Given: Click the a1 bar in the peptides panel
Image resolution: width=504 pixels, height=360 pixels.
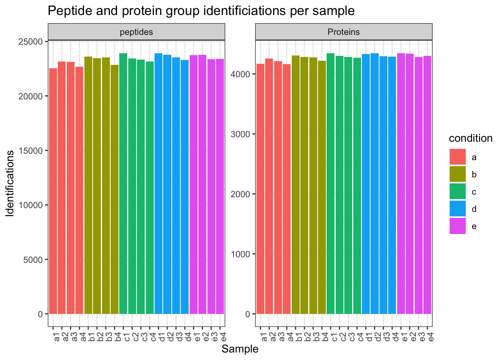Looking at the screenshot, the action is click(53, 191).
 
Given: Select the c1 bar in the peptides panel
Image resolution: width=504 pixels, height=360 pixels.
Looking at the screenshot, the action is click(123, 184).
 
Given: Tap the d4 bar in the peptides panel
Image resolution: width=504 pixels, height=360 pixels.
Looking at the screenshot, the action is click(185, 187).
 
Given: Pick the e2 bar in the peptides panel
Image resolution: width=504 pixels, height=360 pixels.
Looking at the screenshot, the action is click(202, 184).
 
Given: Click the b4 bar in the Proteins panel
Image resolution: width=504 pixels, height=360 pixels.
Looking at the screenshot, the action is click(322, 187).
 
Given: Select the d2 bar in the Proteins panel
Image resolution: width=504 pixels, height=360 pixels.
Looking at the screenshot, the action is click(375, 184).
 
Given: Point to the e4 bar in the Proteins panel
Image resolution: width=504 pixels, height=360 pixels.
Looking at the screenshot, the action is click(427, 185).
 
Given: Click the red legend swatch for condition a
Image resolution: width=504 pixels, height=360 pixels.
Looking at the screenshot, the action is click(457, 157).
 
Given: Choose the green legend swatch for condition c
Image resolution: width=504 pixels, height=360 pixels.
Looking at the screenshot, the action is click(457, 191).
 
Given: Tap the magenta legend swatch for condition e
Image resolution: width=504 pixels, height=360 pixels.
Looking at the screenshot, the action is click(457, 226).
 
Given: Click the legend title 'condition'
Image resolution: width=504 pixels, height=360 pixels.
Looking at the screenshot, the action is click(471, 138).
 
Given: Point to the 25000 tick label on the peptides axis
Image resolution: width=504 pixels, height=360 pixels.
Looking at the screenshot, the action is click(31, 42).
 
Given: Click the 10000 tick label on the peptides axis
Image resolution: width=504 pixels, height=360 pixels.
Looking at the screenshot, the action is click(31, 205).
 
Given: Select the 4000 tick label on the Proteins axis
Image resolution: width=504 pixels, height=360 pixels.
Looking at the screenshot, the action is click(240, 74).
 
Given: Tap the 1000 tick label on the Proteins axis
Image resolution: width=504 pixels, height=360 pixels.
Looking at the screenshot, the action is click(240, 254).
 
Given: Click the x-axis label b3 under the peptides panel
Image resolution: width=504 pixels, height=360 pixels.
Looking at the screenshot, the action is click(109, 337).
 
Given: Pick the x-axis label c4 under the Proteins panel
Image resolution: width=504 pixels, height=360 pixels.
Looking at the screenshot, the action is click(360, 337).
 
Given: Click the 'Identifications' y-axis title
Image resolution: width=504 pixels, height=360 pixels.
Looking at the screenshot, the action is click(10, 184).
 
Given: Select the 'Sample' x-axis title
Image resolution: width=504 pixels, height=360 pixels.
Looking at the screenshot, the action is click(240, 349).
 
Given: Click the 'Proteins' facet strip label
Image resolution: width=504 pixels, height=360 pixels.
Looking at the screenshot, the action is click(343, 32).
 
